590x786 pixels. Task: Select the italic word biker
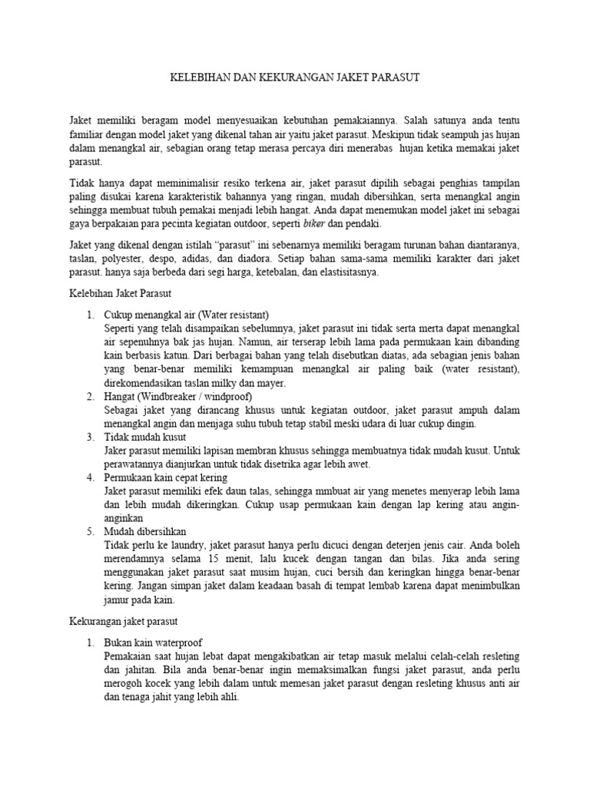[x=310, y=224]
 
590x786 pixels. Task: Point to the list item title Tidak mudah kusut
[x=144, y=437]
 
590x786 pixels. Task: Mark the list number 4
[x=90, y=477]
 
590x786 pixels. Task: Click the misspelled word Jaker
[x=117, y=451]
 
